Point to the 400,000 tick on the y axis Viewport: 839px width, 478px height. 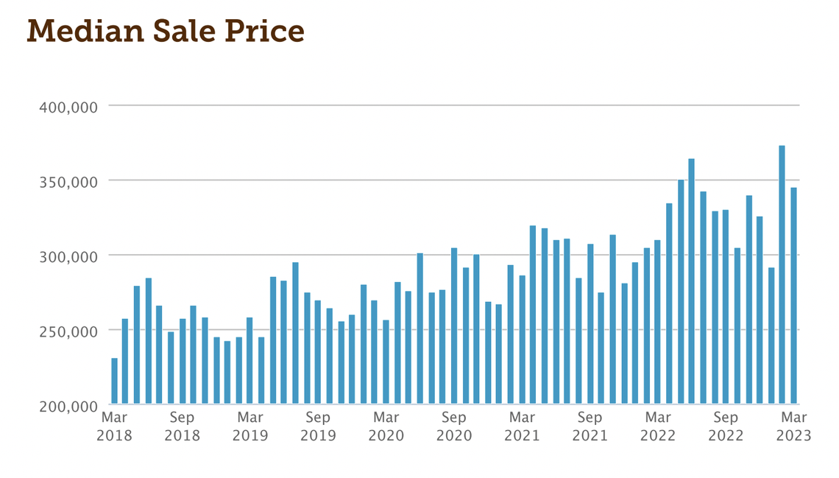(x=68, y=108)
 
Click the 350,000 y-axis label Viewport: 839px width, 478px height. (x=68, y=182)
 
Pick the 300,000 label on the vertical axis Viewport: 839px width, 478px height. (x=68, y=257)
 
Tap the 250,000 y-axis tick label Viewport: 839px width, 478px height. (x=68, y=331)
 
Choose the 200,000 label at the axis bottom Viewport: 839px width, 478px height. (x=68, y=407)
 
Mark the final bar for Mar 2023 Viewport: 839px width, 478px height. (x=793, y=295)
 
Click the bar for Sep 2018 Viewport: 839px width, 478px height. (x=183, y=361)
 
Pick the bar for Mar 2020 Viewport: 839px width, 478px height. (x=386, y=362)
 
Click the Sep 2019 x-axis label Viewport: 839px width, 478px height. (x=318, y=426)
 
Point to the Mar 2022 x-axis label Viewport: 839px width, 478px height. (x=658, y=426)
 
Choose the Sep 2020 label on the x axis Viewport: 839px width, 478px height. (x=454, y=426)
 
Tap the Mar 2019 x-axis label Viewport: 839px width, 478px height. (x=250, y=426)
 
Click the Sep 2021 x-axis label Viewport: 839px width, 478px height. (x=590, y=426)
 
